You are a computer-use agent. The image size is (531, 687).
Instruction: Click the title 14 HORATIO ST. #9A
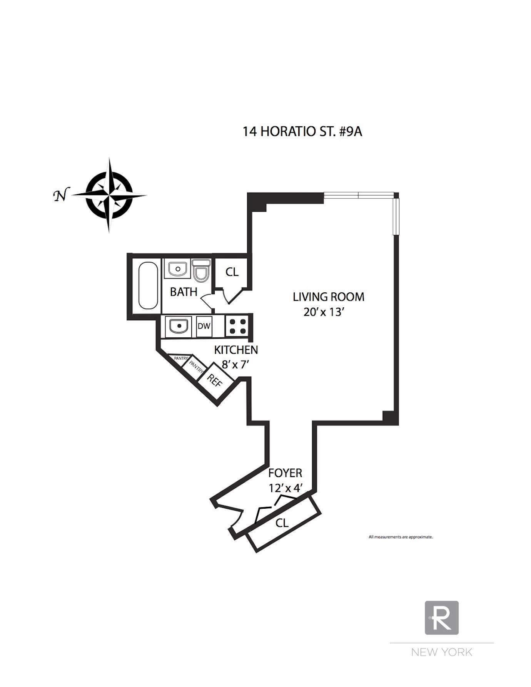302,131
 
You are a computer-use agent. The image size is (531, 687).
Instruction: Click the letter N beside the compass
60,196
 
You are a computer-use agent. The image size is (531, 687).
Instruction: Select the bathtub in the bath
148,285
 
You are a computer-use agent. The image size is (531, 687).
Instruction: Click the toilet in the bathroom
201,270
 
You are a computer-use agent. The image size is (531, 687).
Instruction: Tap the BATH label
184,292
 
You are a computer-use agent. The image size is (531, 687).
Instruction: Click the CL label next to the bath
232,272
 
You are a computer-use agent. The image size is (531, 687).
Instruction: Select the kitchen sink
178,327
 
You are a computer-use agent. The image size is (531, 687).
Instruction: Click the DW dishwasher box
204,326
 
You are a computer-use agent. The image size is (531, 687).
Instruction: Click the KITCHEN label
236,350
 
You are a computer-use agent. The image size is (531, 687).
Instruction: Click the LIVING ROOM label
328,297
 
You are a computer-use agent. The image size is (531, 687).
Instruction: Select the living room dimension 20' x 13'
323,312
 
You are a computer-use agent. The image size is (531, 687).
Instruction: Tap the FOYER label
285,473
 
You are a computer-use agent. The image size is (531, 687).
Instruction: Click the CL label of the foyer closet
282,523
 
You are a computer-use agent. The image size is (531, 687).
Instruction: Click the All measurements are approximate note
401,537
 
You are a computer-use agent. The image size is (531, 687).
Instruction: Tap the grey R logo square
442,618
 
